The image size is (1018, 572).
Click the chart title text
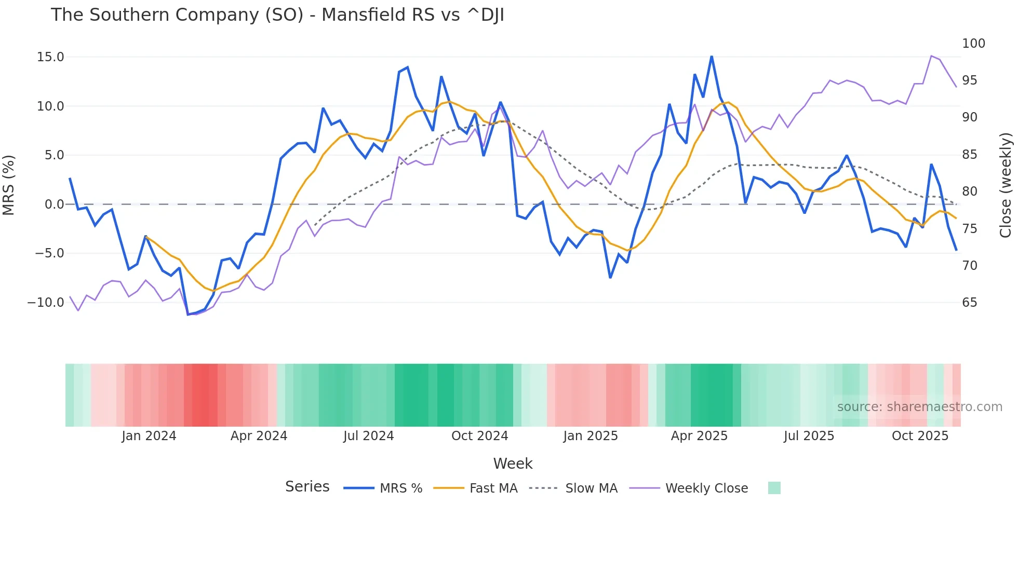pos(277,15)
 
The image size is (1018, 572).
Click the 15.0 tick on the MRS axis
pos(50,57)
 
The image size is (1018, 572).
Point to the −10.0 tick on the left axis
pos(46,303)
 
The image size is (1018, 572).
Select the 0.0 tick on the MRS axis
pos(54,205)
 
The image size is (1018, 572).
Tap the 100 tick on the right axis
pos(973,44)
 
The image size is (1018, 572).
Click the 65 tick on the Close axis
pos(969,303)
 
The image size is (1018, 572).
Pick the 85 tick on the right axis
pos(969,155)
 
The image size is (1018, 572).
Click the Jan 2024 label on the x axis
pos(149,436)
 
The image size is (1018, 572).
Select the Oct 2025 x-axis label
pos(920,436)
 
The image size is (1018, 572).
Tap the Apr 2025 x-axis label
pos(699,436)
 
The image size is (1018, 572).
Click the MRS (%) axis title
pos(9,185)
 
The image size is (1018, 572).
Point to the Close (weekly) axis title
pos(1006,185)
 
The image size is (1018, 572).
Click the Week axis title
pos(513,464)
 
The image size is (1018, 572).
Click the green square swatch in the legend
pos(774,488)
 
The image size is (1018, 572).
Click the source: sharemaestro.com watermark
pos(919,407)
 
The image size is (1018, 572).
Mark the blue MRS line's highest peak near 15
pos(712,57)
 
